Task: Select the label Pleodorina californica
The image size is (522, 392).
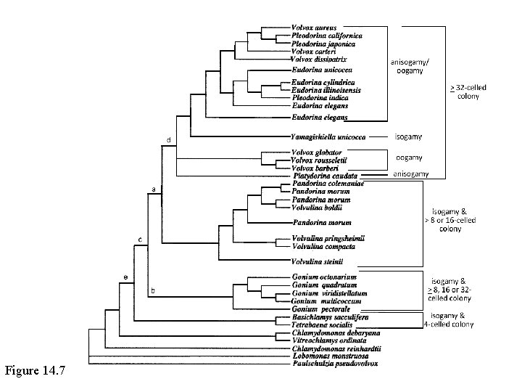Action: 328,35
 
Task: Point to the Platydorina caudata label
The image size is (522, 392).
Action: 322,176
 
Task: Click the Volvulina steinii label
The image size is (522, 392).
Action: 316,261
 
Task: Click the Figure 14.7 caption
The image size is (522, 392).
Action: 35,372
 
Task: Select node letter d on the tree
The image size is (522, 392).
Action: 169,139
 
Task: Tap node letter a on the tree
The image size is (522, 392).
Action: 153,189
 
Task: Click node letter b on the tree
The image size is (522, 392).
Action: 152,290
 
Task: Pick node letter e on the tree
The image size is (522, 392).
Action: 124,277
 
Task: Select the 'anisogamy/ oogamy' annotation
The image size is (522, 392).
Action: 408,65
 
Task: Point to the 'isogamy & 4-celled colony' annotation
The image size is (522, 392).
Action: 449,319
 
